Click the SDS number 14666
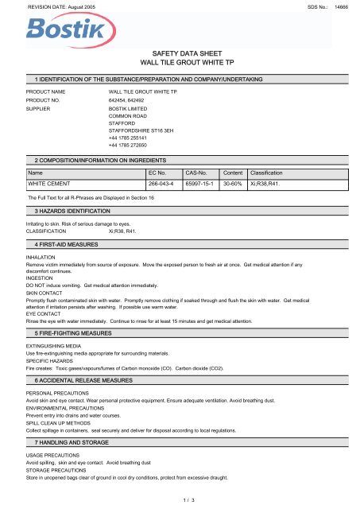tap(343, 6)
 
